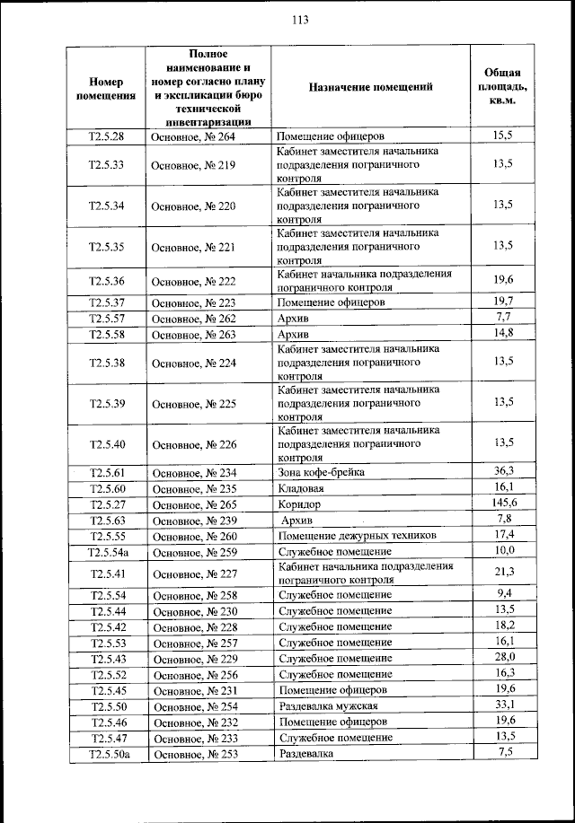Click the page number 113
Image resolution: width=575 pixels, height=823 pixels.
(287, 22)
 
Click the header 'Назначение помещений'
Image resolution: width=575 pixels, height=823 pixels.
(370, 87)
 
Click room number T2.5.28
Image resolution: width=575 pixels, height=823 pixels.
(106, 136)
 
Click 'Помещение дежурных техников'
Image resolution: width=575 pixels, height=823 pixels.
(357, 536)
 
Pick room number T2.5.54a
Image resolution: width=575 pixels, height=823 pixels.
(106, 551)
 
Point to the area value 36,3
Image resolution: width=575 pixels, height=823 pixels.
(503, 471)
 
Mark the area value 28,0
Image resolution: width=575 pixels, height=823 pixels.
(503, 658)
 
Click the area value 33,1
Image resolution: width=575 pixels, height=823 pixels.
(503, 705)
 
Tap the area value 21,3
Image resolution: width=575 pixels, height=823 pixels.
(503, 573)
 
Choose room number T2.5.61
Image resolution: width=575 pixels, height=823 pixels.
(106, 472)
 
